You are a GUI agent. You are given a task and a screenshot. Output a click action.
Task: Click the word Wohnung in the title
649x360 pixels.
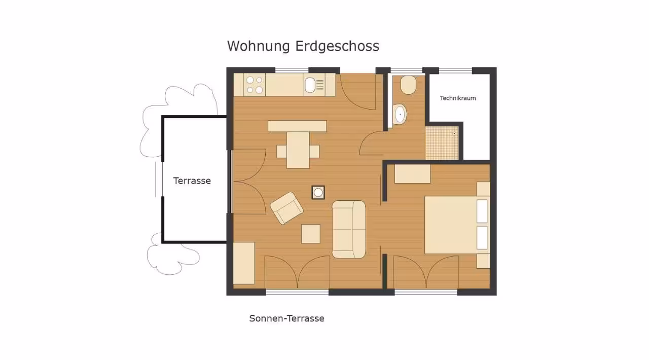259,46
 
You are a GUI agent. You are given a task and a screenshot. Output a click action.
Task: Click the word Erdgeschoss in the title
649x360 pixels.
337,46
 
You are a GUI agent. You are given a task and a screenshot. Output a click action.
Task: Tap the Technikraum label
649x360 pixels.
458,98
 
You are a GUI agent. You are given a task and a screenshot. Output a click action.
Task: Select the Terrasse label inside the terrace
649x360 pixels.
192,181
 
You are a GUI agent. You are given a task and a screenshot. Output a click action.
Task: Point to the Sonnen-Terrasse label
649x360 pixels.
286,318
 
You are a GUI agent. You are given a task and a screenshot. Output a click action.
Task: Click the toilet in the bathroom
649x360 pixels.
408,85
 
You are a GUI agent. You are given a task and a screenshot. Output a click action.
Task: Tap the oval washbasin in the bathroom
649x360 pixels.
400,114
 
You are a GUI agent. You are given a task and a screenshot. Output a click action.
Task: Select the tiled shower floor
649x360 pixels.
442,142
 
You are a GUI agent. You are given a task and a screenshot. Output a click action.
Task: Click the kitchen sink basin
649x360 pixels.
310,85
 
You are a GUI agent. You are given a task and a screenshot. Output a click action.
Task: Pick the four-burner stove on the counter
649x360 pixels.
255,85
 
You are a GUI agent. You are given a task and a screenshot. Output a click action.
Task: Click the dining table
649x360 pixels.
298,150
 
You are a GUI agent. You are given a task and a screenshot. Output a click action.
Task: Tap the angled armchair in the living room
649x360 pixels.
286,208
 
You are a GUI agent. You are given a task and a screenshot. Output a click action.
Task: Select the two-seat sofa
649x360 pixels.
349,229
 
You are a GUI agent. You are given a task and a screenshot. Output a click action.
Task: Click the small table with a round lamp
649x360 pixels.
318,193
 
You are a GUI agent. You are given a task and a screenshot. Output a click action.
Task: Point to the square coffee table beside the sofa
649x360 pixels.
311,234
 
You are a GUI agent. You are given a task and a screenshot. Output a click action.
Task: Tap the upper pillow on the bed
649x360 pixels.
482,211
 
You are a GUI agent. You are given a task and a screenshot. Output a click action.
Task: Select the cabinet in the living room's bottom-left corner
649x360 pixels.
244,263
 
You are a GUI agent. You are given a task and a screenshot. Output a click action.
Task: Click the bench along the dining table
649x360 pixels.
297,126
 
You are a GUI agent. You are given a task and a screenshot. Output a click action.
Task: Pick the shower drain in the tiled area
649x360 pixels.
454,134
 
